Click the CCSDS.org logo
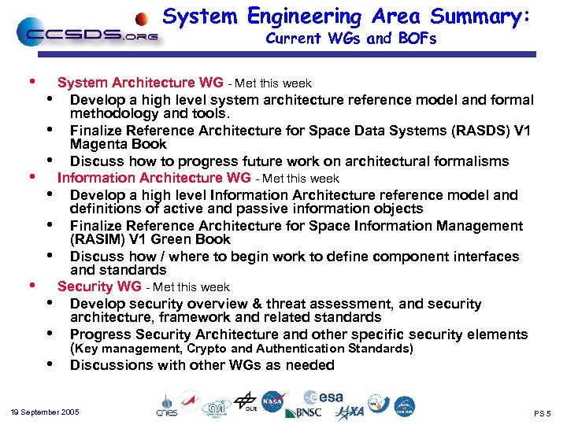[x=87, y=34]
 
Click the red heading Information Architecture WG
[x=154, y=178]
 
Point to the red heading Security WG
[x=99, y=286]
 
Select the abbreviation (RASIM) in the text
[x=99, y=239]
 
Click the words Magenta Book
[x=118, y=144]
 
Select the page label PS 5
[x=543, y=413]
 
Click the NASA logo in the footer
[x=273, y=401]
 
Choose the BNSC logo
[x=303, y=412]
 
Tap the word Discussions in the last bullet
[x=111, y=365]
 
